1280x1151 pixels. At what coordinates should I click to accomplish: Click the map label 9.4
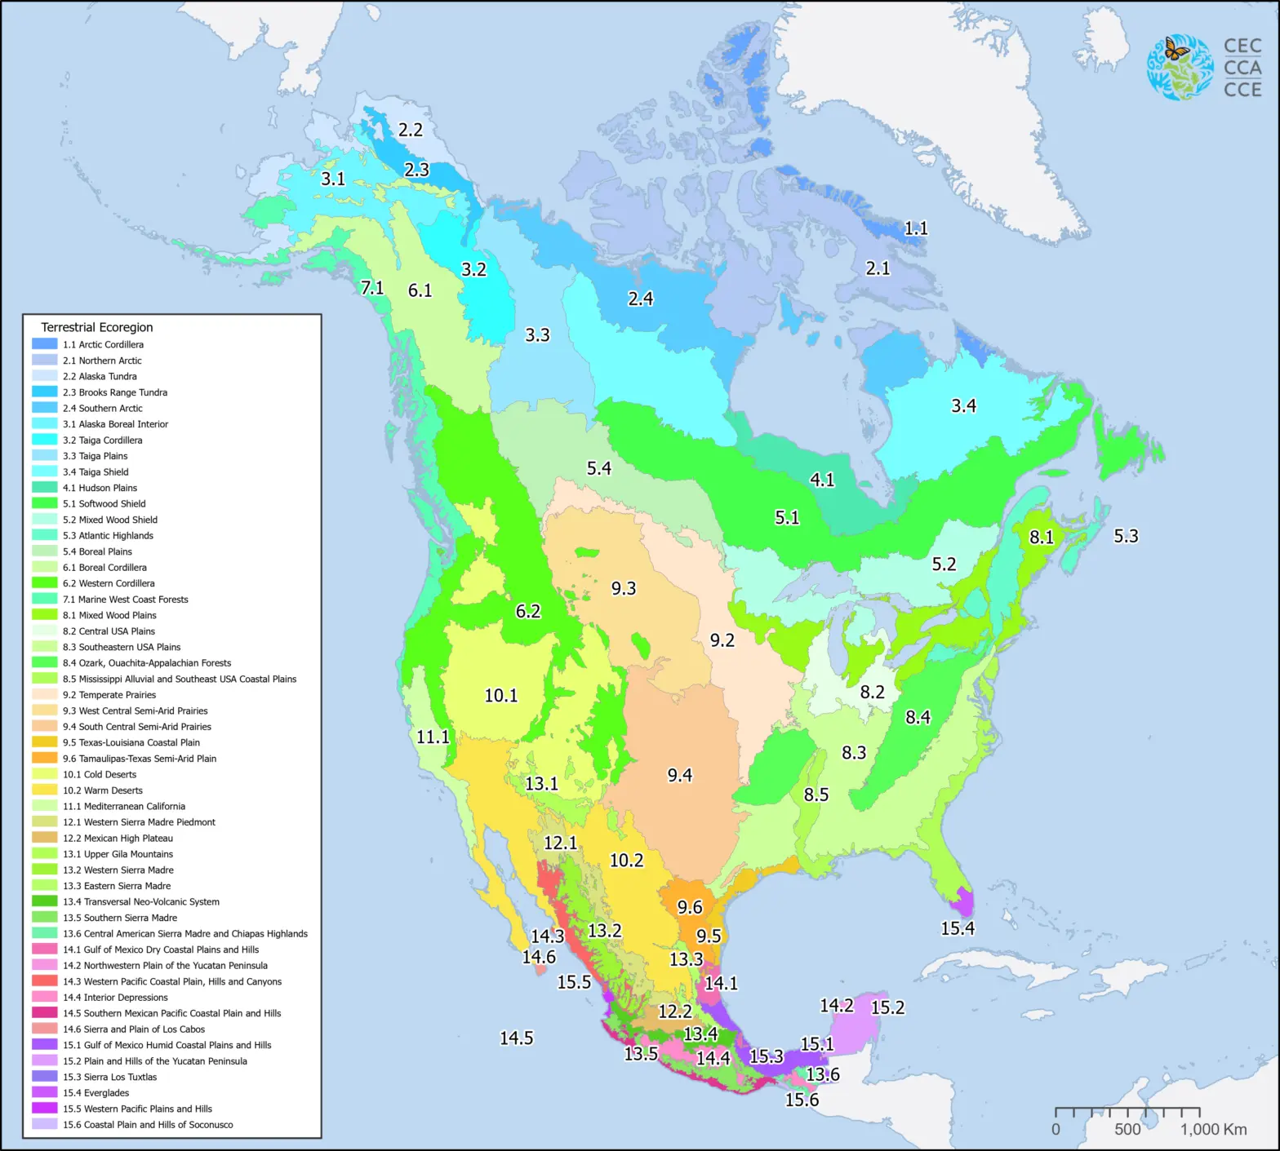[x=679, y=775]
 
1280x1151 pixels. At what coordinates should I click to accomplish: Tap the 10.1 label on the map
[x=500, y=696]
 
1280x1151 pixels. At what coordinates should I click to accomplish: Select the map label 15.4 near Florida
[x=958, y=928]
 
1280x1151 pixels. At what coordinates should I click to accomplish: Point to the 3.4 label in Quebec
[x=963, y=405]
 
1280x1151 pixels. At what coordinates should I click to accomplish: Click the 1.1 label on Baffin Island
[x=916, y=228]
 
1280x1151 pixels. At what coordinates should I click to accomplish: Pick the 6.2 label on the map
[x=528, y=612]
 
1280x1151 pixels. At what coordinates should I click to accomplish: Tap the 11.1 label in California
[x=433, y=737]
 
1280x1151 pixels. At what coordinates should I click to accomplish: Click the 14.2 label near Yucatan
[x=837, y=1006]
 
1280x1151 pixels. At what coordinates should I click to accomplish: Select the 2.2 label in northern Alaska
[x=411, y=130]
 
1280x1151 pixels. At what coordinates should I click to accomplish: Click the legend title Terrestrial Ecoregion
[x=97, y=327]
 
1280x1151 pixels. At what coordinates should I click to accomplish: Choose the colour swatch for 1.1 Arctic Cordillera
[x=45, y=344]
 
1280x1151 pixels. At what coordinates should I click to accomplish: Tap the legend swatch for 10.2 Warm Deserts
[x=45, y=790]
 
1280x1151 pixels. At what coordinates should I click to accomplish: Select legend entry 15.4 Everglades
[x=96, y=1093]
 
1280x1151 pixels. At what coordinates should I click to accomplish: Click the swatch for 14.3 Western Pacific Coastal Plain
[x=45, y=981]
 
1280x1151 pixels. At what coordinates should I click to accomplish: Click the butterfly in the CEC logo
[x=1176, y=50]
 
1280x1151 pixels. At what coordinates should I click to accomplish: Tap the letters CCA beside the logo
[x=1242, y=68]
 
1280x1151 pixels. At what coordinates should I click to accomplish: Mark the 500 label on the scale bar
[x=1127, y=1130]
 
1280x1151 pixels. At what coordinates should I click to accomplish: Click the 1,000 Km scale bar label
[x=1213, y=1130]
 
